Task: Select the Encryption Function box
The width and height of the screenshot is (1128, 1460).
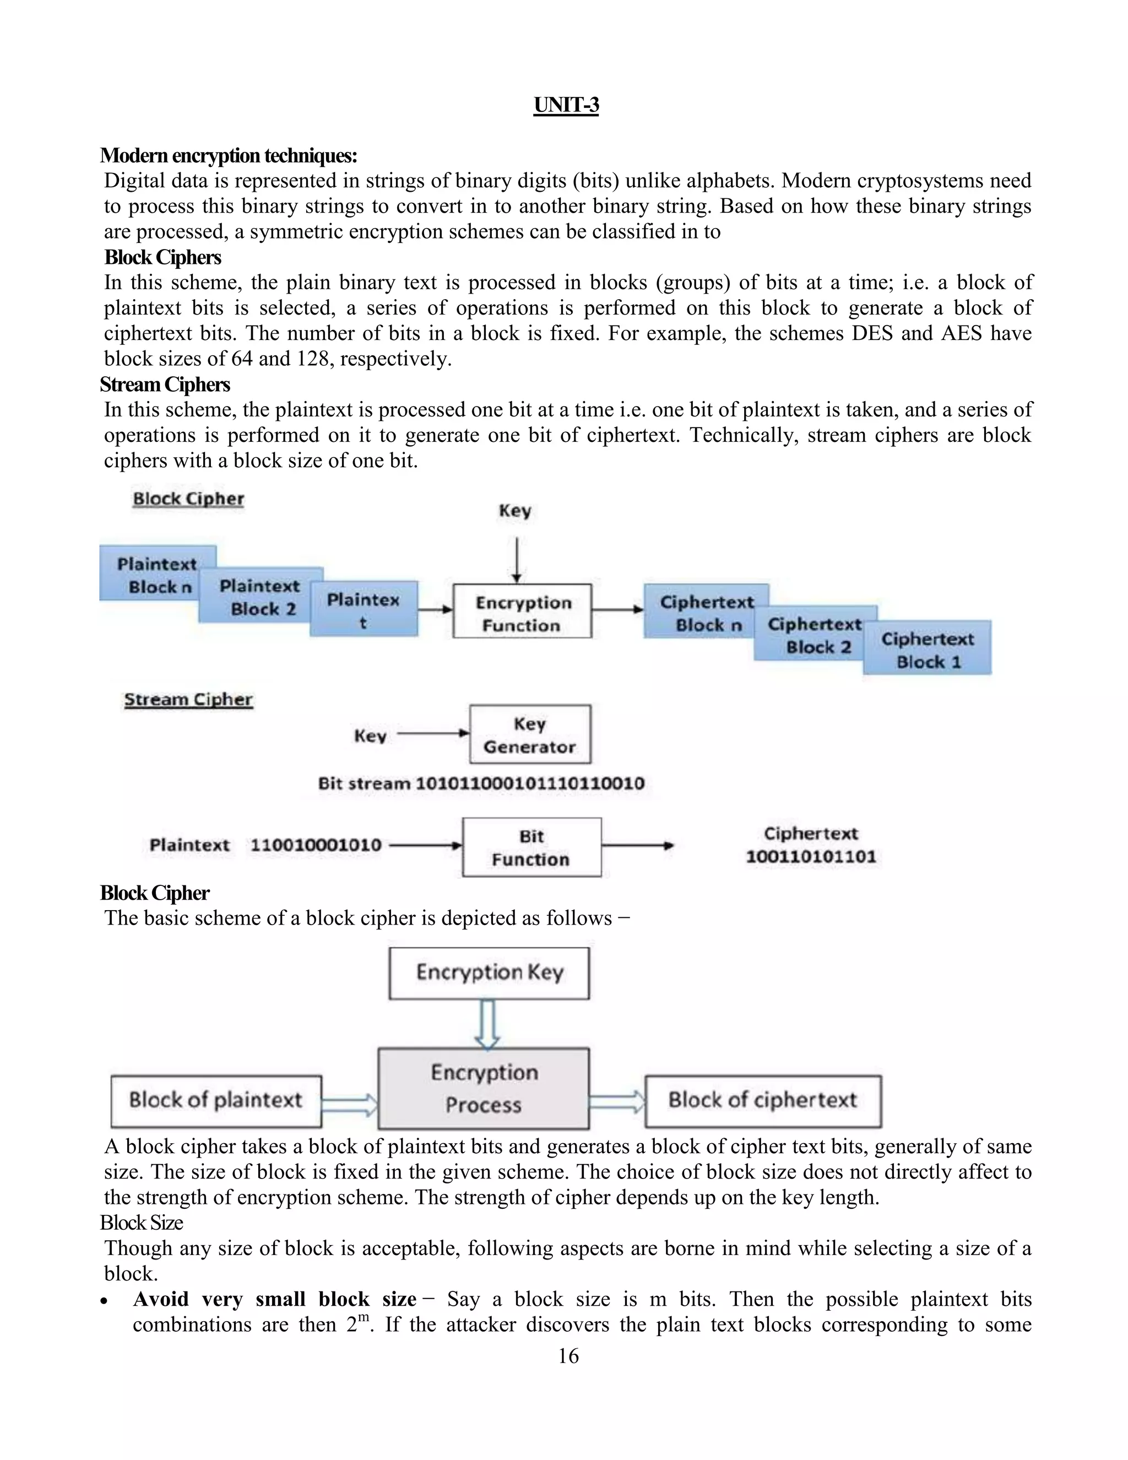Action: pos(522,611)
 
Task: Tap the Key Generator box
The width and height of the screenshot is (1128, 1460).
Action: pos(530,734)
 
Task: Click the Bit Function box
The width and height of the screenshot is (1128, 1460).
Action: pos(532,847)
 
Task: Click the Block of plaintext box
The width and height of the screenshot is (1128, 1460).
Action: pos(216,1100)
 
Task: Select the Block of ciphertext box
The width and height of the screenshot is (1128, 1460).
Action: pos(762,1100)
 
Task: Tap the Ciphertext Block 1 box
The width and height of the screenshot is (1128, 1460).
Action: pos(928,648)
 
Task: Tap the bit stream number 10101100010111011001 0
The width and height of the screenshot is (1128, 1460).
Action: pos(529,783)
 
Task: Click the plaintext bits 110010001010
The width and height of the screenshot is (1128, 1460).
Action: pos(316,845)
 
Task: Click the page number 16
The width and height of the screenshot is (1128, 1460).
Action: pos(568,1356)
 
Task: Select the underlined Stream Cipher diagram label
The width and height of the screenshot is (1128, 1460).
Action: pos(188,699)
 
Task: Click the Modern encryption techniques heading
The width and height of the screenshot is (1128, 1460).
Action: pos(229,156)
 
